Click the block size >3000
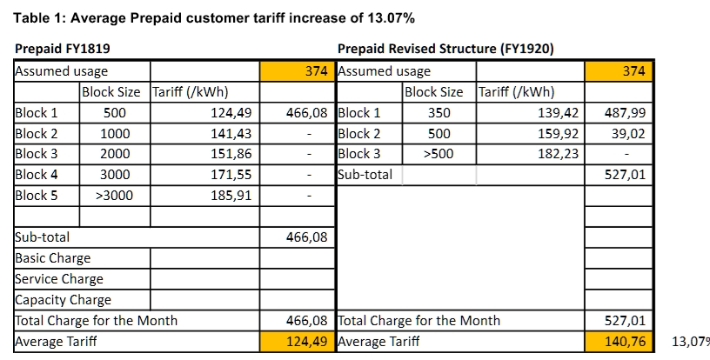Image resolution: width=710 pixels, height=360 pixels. click(x=114, y=196)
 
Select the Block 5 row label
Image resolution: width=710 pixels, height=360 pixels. click(x=37, y=196)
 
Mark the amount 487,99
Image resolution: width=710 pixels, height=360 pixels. click(x=626, y=113)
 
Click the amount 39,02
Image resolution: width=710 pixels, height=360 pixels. click(x=630, y=134)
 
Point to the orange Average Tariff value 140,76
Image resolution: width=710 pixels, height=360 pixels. click(x=626, y=342)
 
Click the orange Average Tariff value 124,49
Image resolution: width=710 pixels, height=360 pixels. click(x=306, y=342)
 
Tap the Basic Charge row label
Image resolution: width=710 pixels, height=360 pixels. click(x=53, y=258)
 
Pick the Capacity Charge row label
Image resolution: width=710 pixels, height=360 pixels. click(x=64, y=300)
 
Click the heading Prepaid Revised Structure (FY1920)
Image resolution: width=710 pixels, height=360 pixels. click(x=445, y=49)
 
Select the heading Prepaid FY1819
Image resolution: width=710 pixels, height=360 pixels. click(x=63, y=49)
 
